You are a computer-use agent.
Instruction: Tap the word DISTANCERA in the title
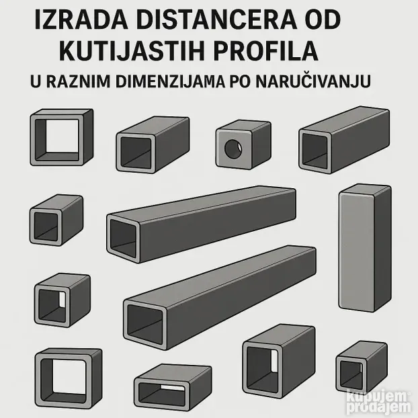216,20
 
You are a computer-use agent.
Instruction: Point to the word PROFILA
265,51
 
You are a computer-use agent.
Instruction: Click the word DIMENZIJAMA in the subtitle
170,81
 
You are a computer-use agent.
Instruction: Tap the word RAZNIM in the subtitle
79,81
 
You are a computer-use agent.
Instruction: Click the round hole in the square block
233,149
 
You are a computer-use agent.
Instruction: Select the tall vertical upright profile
365,247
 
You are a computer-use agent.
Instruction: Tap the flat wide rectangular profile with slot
173,387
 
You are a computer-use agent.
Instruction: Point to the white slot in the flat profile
173,387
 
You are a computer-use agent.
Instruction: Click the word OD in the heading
323,20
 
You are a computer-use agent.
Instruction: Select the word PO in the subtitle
240,81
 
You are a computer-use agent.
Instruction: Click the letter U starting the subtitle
36,81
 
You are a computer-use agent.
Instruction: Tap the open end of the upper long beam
123,239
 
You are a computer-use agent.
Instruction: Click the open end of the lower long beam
145,324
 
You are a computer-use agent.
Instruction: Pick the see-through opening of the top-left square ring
62,136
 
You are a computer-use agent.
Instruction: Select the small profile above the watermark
362,367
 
